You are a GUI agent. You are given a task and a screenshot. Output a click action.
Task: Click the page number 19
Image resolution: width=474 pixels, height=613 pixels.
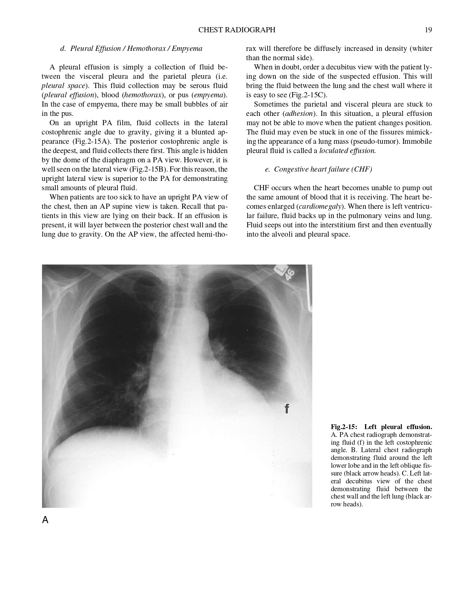(428, 30)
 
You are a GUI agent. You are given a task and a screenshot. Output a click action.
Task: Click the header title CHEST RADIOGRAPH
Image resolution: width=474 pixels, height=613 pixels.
(237, 30)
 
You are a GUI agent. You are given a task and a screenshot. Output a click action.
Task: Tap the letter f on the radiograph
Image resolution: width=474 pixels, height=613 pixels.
(287, 409)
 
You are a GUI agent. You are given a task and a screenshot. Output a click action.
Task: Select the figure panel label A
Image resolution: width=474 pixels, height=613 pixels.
(45, 520)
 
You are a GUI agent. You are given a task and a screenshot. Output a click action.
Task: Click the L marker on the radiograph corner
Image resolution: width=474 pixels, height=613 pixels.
(280, 270)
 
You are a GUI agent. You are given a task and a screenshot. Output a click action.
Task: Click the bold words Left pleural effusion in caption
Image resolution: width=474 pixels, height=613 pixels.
(398, 427)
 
